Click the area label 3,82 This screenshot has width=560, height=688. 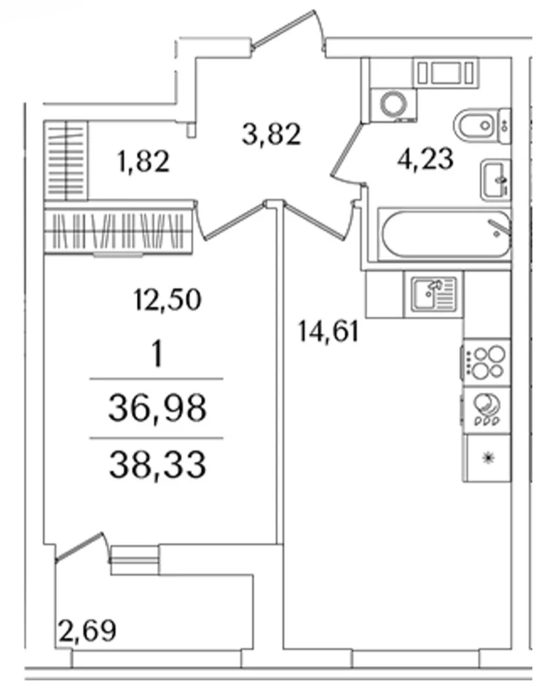pyautogui.click(x=272, y=134)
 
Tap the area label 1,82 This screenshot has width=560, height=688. pyautogui.click(x=143, y=161)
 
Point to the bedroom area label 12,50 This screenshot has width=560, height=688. pyautogui.click(x=167, y=300)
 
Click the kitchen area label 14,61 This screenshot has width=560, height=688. pyautogui.click(x=328, y=331)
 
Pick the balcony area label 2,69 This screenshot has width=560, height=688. pyautogui.click(x=87, y=630)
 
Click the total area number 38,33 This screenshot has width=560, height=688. pyautogui.click(x=157, y=465)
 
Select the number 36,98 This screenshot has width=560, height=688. pyautogui.click(x=157, y=408)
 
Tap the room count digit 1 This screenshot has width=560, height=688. pyautogui.click(x=157, y=353)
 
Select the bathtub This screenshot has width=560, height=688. pyautogui.click(x=445, y=234)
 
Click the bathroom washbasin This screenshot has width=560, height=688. pyautogui.click(x=495, y=180)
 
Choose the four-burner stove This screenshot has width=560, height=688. pyautogui.click(x=486, y=362)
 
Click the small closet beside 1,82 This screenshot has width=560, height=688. pyautogui.click(x=66, y=161)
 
